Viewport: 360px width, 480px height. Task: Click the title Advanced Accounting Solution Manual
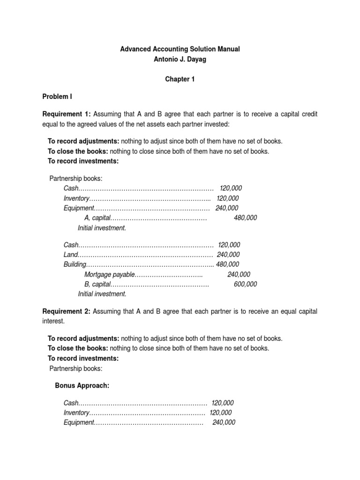pyautogui.click(x=180, y=49)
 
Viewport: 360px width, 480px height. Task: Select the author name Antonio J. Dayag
pyautogui.click(x=180, y=59)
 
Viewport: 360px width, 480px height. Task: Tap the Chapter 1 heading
pyautogui.click(x=180, y=79)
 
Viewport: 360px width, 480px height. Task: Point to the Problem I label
pyautogui.click(x=57, y=97)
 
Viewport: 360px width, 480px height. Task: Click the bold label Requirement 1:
pyautogui.click(x=67, y=114)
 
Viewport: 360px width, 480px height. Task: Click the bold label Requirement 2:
pyautogui.click(x=67, y=311)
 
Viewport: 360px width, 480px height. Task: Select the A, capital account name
pyautogui.click(x=97, y=218)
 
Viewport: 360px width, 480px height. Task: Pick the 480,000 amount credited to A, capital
pyautogui.click(x=245, y=218)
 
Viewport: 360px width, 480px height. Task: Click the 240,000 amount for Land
pyautogui.click(x=228, y=255)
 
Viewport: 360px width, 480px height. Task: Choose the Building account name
pyautogui.click(x=75, y=264)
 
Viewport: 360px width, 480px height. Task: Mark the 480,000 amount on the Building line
pyautogui.click(x=227, y=264)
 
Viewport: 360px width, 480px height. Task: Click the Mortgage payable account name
pyautogui.click(x=110, y=274)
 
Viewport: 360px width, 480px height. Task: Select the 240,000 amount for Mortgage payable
pyautogui.click(x=239, y=274)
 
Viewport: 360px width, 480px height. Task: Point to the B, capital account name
pyautogui.click(x=97, y=284)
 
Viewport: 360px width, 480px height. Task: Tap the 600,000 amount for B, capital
pyautogui.click(x=245, y=284)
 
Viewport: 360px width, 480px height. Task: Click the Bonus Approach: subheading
pyautogui.click(x=82, y=385)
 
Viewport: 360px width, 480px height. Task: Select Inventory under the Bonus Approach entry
pyautogui.click(x=76, y=412)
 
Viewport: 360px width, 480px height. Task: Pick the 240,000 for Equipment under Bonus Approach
pyautogui.click(x=224, y=422)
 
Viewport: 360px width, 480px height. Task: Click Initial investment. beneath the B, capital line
pyautogui.click(x=102, y=294)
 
